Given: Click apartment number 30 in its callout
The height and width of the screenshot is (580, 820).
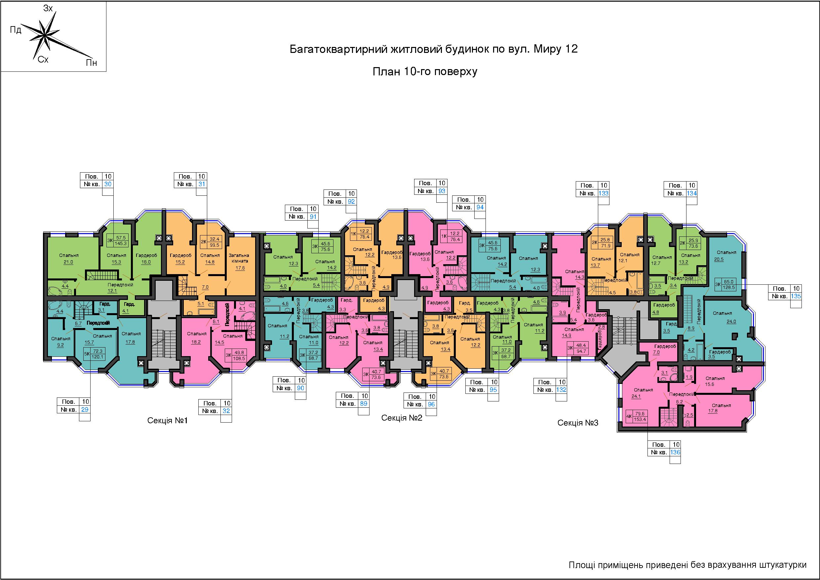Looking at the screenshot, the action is pos(107,184).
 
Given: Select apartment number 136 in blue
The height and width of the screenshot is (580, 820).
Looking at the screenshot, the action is pos(675,452).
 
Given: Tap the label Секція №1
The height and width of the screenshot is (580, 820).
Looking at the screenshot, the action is pos(168,421).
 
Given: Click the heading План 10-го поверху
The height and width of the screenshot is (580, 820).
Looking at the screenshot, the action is pos(425,72).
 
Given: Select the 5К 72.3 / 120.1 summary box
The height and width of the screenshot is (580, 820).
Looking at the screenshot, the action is pos(94,354).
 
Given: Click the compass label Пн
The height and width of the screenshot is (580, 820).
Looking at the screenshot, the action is pos(92,63).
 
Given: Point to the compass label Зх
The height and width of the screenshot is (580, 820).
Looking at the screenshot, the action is pos(48,8).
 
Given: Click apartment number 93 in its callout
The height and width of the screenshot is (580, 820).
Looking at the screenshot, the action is pos(442,191).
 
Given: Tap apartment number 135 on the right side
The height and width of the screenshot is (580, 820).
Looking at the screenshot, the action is pos(796,296).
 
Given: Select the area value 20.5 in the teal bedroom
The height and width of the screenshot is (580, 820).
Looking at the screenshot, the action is pos(719,259).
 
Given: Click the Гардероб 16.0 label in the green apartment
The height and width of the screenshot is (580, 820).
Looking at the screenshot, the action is pos(146,258).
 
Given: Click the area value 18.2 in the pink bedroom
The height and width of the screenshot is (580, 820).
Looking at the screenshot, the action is pos(196,342).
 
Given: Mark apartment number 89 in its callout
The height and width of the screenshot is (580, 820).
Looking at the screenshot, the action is pos(364,404).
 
